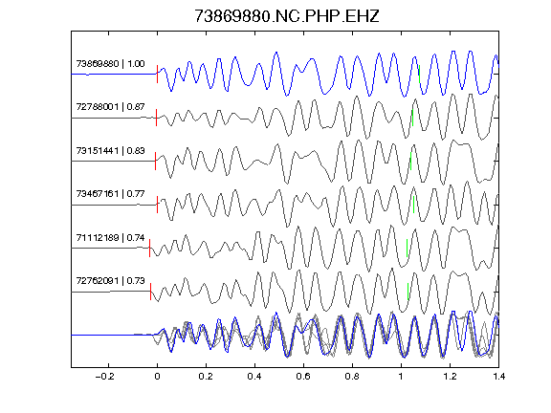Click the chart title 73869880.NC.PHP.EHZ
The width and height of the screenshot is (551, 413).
tap(287, 16)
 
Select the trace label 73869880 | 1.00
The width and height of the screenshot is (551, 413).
tap(110, 63)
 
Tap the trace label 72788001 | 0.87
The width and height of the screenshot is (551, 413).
tap(110, 107)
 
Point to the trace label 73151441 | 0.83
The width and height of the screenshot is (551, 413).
tap(110, 151)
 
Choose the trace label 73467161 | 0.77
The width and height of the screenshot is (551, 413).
tap(110, 194)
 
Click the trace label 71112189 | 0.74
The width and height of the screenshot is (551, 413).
tap(110, 238)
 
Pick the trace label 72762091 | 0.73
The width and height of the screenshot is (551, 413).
tap(110, 281)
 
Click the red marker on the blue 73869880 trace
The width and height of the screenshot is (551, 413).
tap(158, 75)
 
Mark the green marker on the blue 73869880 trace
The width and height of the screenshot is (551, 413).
tap(420, 75)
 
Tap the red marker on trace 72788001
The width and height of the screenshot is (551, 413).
tap(156, 118)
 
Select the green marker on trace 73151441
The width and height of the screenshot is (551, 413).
tap(410, 162)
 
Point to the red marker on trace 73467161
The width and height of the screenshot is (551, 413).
tap(158, 205)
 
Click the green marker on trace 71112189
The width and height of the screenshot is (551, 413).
tap(407, 248)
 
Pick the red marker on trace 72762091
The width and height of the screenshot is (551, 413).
tap(151, 292)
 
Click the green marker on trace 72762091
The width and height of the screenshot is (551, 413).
tap(408, 292)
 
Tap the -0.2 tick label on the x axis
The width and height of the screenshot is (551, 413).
tap(104, 377)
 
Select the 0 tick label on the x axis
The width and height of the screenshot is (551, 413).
tap(157, 377)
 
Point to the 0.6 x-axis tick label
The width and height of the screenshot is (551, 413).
tap(303, 377)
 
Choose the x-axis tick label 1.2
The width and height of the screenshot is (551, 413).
tap(450, 377)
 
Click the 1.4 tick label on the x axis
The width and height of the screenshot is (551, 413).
tap(498, 377)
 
